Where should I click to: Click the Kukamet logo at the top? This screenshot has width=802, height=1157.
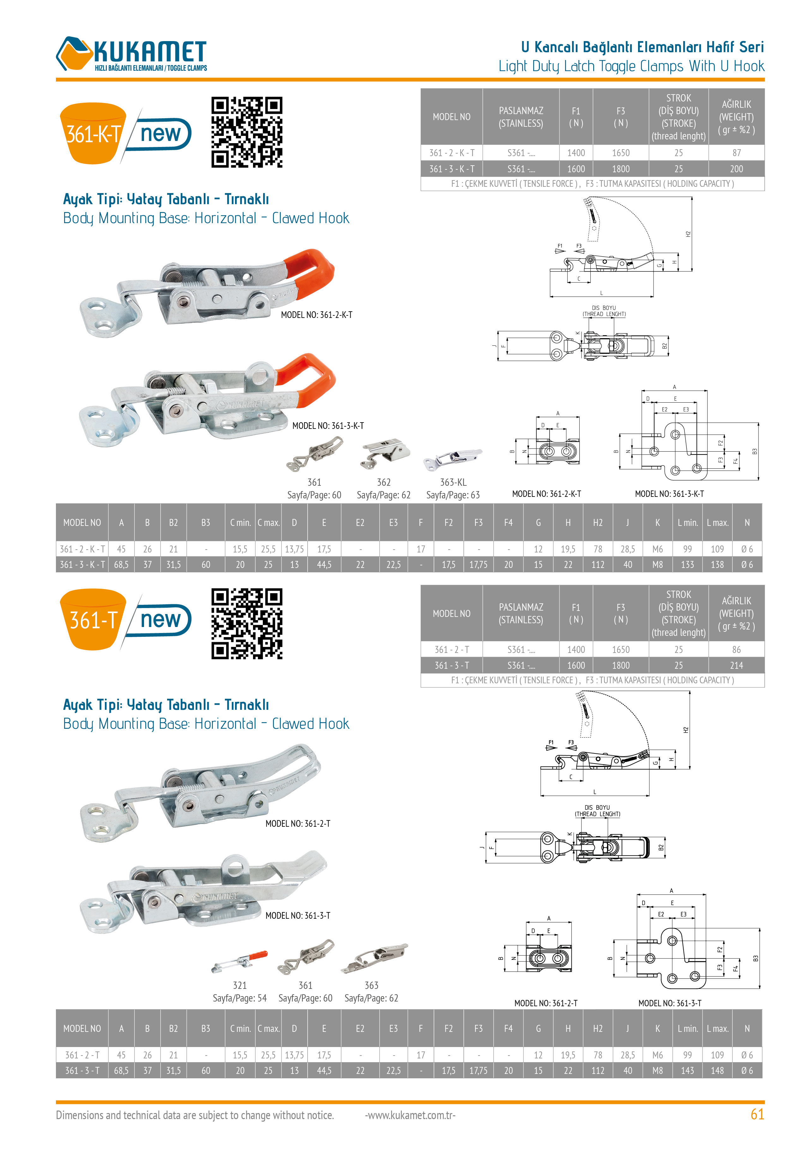132,54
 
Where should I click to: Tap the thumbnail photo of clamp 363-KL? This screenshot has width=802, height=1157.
452,458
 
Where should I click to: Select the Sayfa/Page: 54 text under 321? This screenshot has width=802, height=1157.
240,998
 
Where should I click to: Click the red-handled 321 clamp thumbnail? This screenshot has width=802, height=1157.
239,961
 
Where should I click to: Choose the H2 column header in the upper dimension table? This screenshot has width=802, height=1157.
598,523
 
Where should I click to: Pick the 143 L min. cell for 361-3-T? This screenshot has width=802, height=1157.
687,1070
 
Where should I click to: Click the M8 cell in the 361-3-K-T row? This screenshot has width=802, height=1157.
657,564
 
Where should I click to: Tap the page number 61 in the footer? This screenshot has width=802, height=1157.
757,1114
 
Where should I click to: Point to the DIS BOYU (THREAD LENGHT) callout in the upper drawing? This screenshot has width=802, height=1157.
604,311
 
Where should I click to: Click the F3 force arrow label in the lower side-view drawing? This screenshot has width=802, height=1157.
571,742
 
